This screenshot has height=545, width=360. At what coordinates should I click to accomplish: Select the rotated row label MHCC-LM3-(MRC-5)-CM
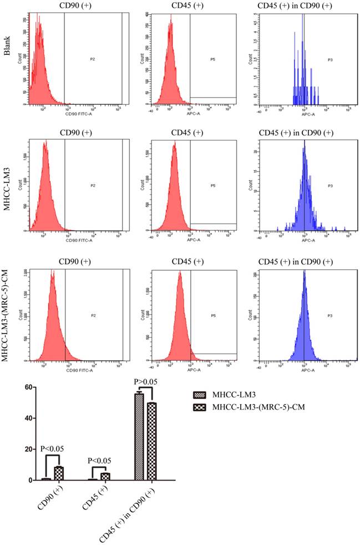[7, 315]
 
